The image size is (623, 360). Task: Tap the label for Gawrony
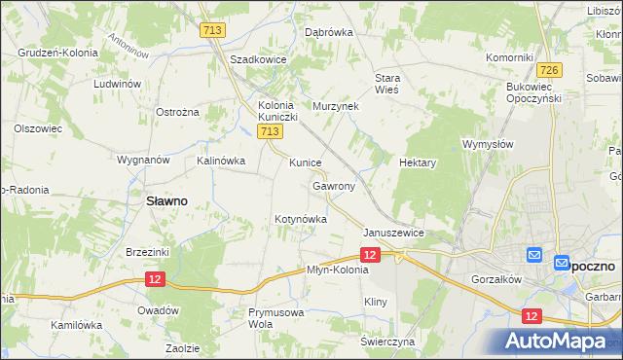click(x=334, y=185)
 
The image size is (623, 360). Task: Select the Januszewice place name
click(x=393, y=234)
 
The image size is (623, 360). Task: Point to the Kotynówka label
click(x=301, y=220)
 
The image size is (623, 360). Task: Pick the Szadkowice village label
click(x=257, y=59)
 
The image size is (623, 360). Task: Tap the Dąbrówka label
click(x=328, y=32)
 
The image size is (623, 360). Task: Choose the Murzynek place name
click(x=336, y=105)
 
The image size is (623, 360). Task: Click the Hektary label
click(x=418, y=163)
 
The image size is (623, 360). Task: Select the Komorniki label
click(x=508, y=57)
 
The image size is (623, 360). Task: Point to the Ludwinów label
click(x=119, y=84)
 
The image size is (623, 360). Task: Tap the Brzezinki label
click(x=148, y=252)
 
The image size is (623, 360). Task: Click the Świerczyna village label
click(x=387, y=342)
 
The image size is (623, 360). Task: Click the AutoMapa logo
click(x=560, y=342)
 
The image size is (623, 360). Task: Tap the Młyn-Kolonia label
click(x=338, y=270)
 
